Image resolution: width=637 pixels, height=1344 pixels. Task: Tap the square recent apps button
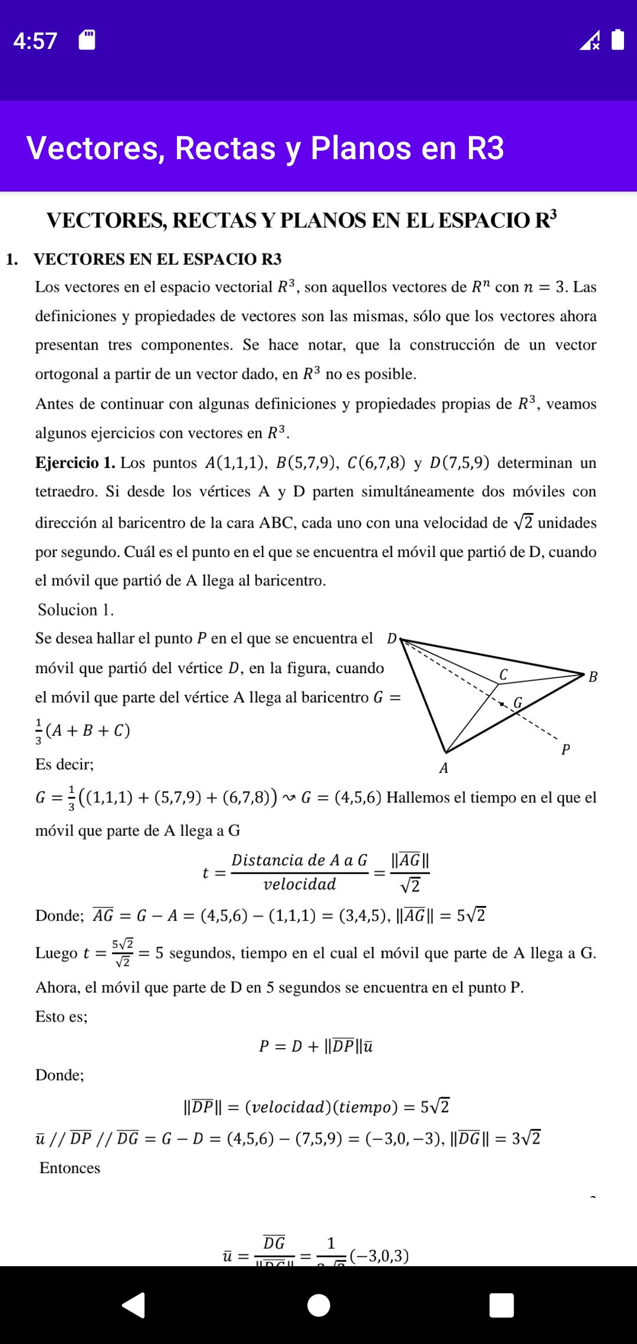click(501, 1305)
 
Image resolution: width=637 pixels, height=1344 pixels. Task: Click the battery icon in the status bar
click(618, 39)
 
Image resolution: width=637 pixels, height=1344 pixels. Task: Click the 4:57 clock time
click(35, 41)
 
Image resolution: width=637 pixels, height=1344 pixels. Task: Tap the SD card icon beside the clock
click(87, 40)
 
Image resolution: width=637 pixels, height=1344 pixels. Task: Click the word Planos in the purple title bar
click(360, 148)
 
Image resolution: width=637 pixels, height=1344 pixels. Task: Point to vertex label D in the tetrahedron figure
click(392, 638)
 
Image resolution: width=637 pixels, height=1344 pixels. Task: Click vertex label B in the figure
click(593, 677)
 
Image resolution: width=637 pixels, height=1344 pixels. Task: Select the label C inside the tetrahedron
click(503, 674)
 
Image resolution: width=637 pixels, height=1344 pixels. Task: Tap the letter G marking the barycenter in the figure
click(518, 703)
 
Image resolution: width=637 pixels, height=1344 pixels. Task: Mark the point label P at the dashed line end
click(566, 750)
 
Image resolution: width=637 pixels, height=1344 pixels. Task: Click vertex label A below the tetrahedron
click(444, 768)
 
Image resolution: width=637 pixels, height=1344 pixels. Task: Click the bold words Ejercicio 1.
click(75, 463)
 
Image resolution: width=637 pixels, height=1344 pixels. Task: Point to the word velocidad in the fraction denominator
click(300, 884)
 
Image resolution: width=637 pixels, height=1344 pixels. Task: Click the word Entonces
click(70, 1168)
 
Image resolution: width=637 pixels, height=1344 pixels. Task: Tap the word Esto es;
click(61, 1016)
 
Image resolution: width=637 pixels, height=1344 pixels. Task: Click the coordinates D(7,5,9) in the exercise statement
click(459, 463)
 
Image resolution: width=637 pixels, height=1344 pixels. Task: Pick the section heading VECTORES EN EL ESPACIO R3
click(157, 259)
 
